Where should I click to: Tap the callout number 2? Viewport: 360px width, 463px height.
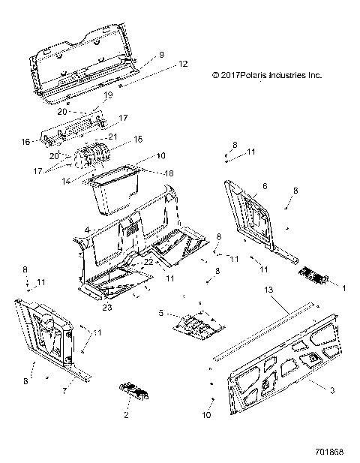point(125,414)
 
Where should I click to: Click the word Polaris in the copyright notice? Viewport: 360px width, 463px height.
point(259,76)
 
